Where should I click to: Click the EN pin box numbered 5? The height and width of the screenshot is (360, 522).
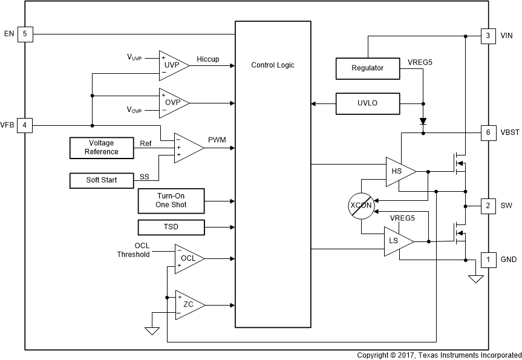pyautogui.click(x=25, y=34)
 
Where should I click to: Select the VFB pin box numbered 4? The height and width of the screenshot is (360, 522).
pyautogui.click(x=25, y=125)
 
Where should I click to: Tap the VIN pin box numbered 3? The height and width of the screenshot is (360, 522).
pyautogui.click(x=488, y=36)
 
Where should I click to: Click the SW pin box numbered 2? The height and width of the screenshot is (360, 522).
pyautogui.click(x=488, y=205)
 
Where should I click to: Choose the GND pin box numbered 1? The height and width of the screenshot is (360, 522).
pyautogui.click(x=488, y=260)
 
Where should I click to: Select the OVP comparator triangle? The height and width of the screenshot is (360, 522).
pyautogui.click(x=171, y=102)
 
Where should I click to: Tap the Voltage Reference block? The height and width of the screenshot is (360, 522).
pyautogui.click(x=102, y=148)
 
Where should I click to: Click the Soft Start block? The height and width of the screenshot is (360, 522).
pyautogui.click(x=102, y=180)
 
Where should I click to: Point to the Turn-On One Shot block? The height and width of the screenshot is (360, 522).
pyautogui.click(x=172, y=201)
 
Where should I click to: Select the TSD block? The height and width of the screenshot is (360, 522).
pyautogui.click(x=172, y=227)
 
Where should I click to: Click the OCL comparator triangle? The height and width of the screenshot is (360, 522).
pyautogui.click(x=187, y=258)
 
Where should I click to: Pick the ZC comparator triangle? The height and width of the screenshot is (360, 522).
pyautogui.click(x=187, y=304)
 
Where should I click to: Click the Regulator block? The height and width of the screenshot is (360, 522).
pyautogui.click(x=368, y=68)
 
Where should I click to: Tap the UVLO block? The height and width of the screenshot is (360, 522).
pyautogui.click(x=368, y=103)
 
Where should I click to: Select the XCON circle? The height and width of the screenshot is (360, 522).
pyautogui.click(x=361, y=206)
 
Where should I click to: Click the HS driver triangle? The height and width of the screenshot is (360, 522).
pyautogui.click(x=399, y=171)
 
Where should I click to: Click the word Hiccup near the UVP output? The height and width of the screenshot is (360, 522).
pyautogui.click(x=208, y=59)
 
